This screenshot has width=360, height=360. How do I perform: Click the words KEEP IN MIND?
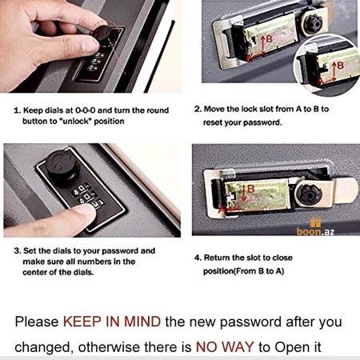112,322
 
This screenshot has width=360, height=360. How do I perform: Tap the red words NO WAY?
225,347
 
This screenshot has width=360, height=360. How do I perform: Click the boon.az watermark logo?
315,226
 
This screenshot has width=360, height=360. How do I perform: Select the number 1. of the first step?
18,110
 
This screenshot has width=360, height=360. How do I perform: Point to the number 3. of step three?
18,251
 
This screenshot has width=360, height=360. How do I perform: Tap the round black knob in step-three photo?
62,166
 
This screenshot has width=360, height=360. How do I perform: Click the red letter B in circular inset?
340,66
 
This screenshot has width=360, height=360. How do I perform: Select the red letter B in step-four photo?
251,189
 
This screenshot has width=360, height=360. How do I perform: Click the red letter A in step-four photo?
222,210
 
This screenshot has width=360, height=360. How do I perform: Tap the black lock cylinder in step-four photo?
310,194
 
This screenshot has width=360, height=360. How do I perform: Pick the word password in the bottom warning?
250,322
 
